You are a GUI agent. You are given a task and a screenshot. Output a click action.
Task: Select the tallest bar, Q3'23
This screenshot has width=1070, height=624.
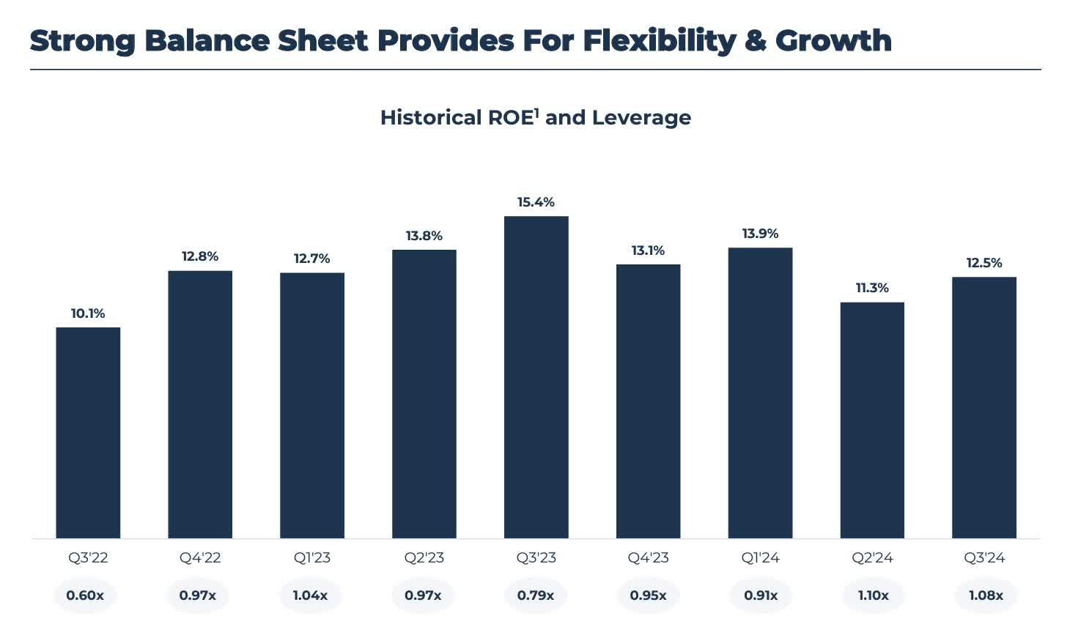click(536, 377)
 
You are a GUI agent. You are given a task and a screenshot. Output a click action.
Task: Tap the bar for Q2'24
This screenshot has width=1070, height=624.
click(872, 420)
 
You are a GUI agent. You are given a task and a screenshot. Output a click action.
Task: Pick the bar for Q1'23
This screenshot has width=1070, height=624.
click(311, 405)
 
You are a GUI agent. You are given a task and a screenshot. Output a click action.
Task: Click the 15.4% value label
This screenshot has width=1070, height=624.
click(536, 202)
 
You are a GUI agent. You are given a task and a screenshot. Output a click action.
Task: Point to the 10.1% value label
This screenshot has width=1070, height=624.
click(88, 313)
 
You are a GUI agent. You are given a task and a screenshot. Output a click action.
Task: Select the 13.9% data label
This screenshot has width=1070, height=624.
click(760, 234)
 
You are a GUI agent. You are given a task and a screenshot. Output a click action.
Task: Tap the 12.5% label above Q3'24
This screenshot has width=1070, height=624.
click(984, 263)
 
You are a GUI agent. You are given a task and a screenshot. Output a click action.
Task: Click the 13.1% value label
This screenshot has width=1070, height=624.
click(648, 250)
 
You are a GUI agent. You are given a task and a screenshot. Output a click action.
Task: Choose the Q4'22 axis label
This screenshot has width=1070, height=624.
click(200, 558)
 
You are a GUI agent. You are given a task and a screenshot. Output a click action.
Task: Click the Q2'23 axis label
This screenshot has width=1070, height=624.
click(424, 558)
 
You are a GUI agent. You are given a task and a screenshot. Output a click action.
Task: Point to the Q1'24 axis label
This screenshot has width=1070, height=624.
click(760, 558)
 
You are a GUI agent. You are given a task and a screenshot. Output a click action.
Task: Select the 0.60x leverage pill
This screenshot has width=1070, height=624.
click(85, 595)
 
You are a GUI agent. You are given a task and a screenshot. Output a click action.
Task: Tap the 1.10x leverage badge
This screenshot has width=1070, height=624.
click(873, 595)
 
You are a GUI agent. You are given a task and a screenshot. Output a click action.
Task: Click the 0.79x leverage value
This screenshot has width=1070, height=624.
click(536, 595)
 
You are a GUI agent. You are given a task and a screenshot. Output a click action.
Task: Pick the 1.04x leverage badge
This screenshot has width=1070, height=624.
click(310, 595)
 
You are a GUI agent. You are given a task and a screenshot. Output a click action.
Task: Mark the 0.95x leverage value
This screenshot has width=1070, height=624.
click(648, 595)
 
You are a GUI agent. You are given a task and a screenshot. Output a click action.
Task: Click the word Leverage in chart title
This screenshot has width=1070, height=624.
click(641, 118)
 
